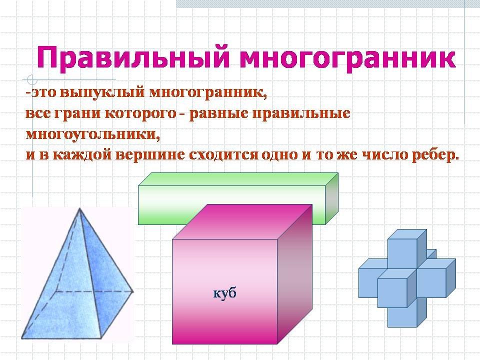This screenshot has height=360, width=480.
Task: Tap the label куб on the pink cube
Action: pos(225,293)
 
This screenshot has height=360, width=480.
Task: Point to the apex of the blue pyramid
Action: pos(79,208)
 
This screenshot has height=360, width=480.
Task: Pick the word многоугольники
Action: pos(93,134)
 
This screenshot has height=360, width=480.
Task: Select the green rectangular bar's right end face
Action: pos(331,199)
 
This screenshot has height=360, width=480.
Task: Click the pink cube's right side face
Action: pos(294,274)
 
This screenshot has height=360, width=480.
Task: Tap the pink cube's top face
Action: pos(242,222)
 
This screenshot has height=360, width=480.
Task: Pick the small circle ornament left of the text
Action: pos(32,79)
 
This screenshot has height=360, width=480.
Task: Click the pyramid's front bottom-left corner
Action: pos(21,338)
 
